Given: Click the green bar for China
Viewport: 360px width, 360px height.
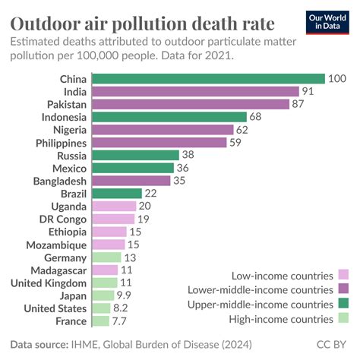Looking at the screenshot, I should point(207,78).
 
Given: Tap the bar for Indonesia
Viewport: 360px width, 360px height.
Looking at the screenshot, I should point(169,117).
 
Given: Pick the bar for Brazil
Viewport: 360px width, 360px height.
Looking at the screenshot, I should point(116,194).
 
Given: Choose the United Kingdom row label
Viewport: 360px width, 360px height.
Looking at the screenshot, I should point(49,283).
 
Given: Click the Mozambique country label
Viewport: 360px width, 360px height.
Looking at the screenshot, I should point(55,245).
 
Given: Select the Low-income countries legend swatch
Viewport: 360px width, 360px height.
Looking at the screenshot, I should point(343,274).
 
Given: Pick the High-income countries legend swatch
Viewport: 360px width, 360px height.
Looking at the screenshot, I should point(343,318).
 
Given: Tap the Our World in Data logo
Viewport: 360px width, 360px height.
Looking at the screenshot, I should point(331,21).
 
